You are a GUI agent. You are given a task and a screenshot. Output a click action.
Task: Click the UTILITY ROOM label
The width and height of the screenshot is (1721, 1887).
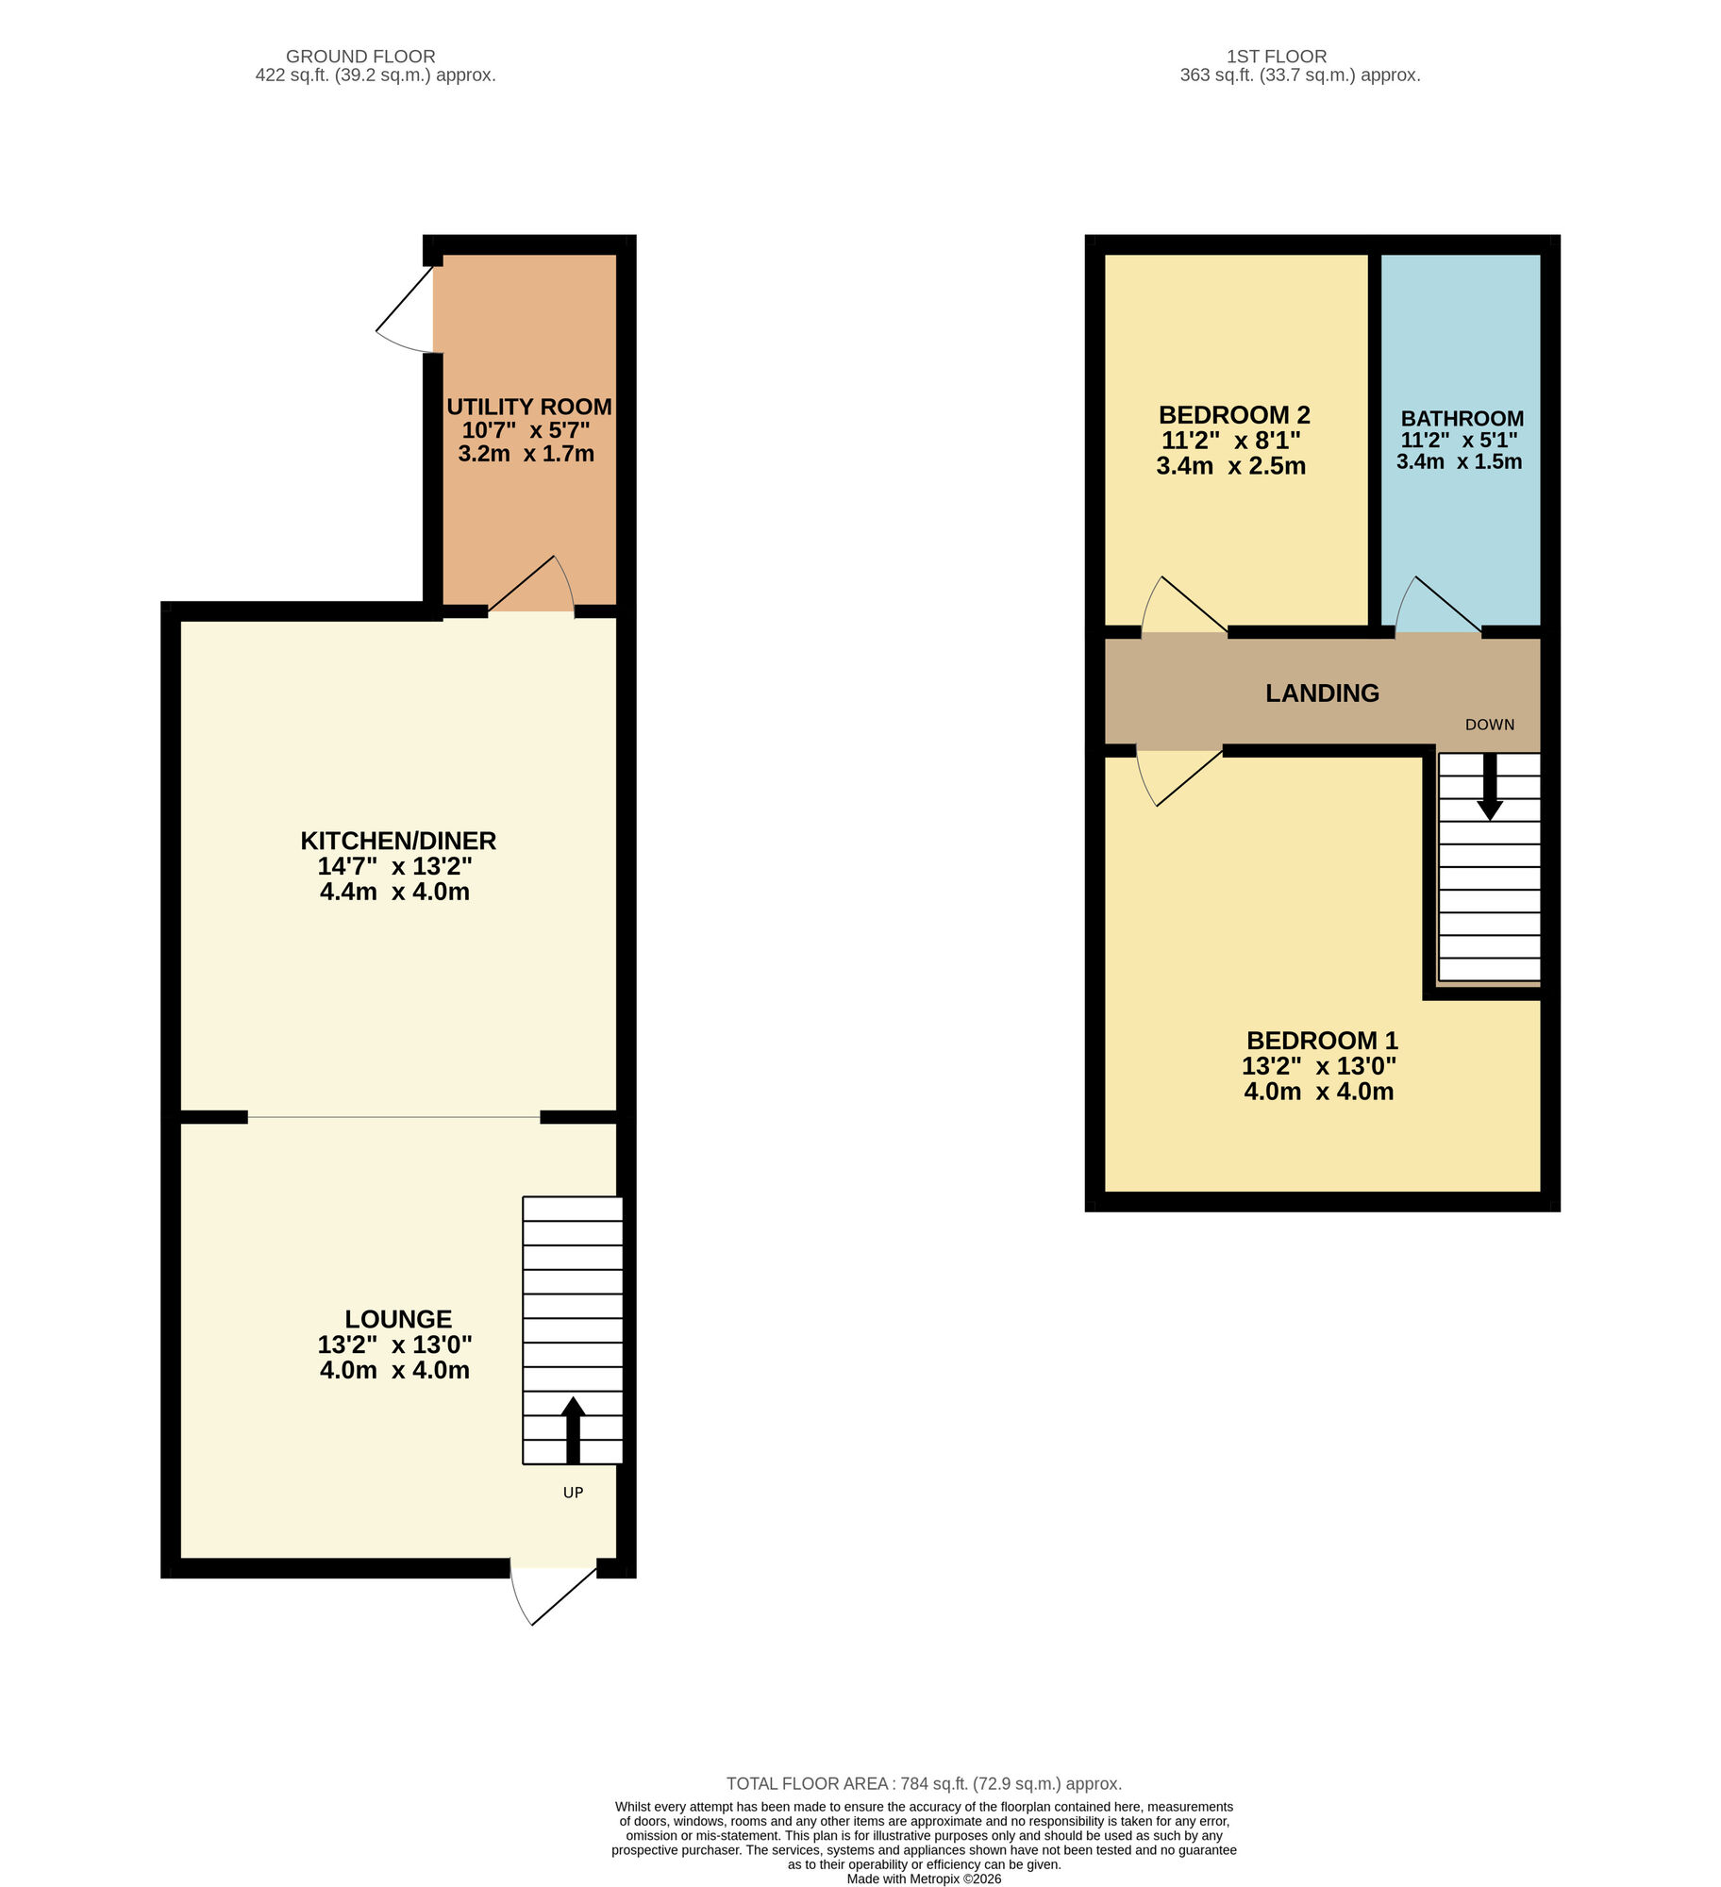(528, 407)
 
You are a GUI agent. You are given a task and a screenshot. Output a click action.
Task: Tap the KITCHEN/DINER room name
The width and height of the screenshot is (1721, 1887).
(398, 841)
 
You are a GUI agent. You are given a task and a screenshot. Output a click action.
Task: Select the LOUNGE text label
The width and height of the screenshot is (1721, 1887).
(398, 1319)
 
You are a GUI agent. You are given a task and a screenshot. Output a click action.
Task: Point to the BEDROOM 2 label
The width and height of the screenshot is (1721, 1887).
(1234, 415)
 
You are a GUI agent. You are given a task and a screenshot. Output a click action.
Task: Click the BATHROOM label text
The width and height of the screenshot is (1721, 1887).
(1462, 418)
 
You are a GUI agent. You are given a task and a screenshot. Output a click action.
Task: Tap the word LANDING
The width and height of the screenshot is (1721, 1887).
(1322, 693)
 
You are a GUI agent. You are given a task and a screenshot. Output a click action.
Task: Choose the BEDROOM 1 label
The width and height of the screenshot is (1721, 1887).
(1322, 1041)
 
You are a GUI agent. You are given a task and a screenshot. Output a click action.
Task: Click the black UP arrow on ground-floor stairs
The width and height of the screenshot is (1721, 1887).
(573, 1430)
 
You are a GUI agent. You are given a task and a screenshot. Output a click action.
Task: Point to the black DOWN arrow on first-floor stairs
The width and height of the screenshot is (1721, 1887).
(1489, 785)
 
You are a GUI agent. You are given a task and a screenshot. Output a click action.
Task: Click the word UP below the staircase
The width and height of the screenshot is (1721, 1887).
(573, 1493)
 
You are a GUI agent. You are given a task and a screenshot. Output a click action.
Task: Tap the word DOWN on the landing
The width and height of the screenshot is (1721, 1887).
(1489, 725)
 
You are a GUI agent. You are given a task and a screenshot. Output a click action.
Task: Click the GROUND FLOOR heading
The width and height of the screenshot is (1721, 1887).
(360, 57)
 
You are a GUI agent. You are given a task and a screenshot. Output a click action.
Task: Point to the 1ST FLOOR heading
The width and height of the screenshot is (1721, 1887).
(1276, 57)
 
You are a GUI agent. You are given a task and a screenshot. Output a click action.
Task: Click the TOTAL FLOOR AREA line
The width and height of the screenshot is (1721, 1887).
(923, 1784)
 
